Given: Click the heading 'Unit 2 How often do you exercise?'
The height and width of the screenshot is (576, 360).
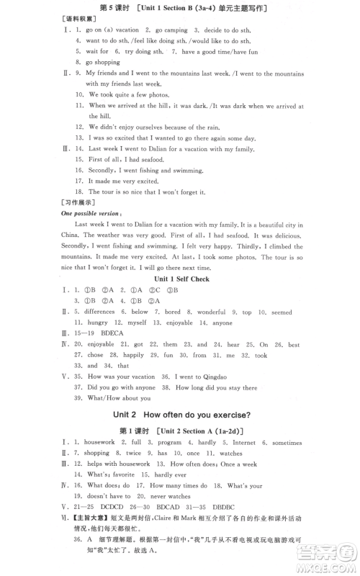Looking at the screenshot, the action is point(181,414).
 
